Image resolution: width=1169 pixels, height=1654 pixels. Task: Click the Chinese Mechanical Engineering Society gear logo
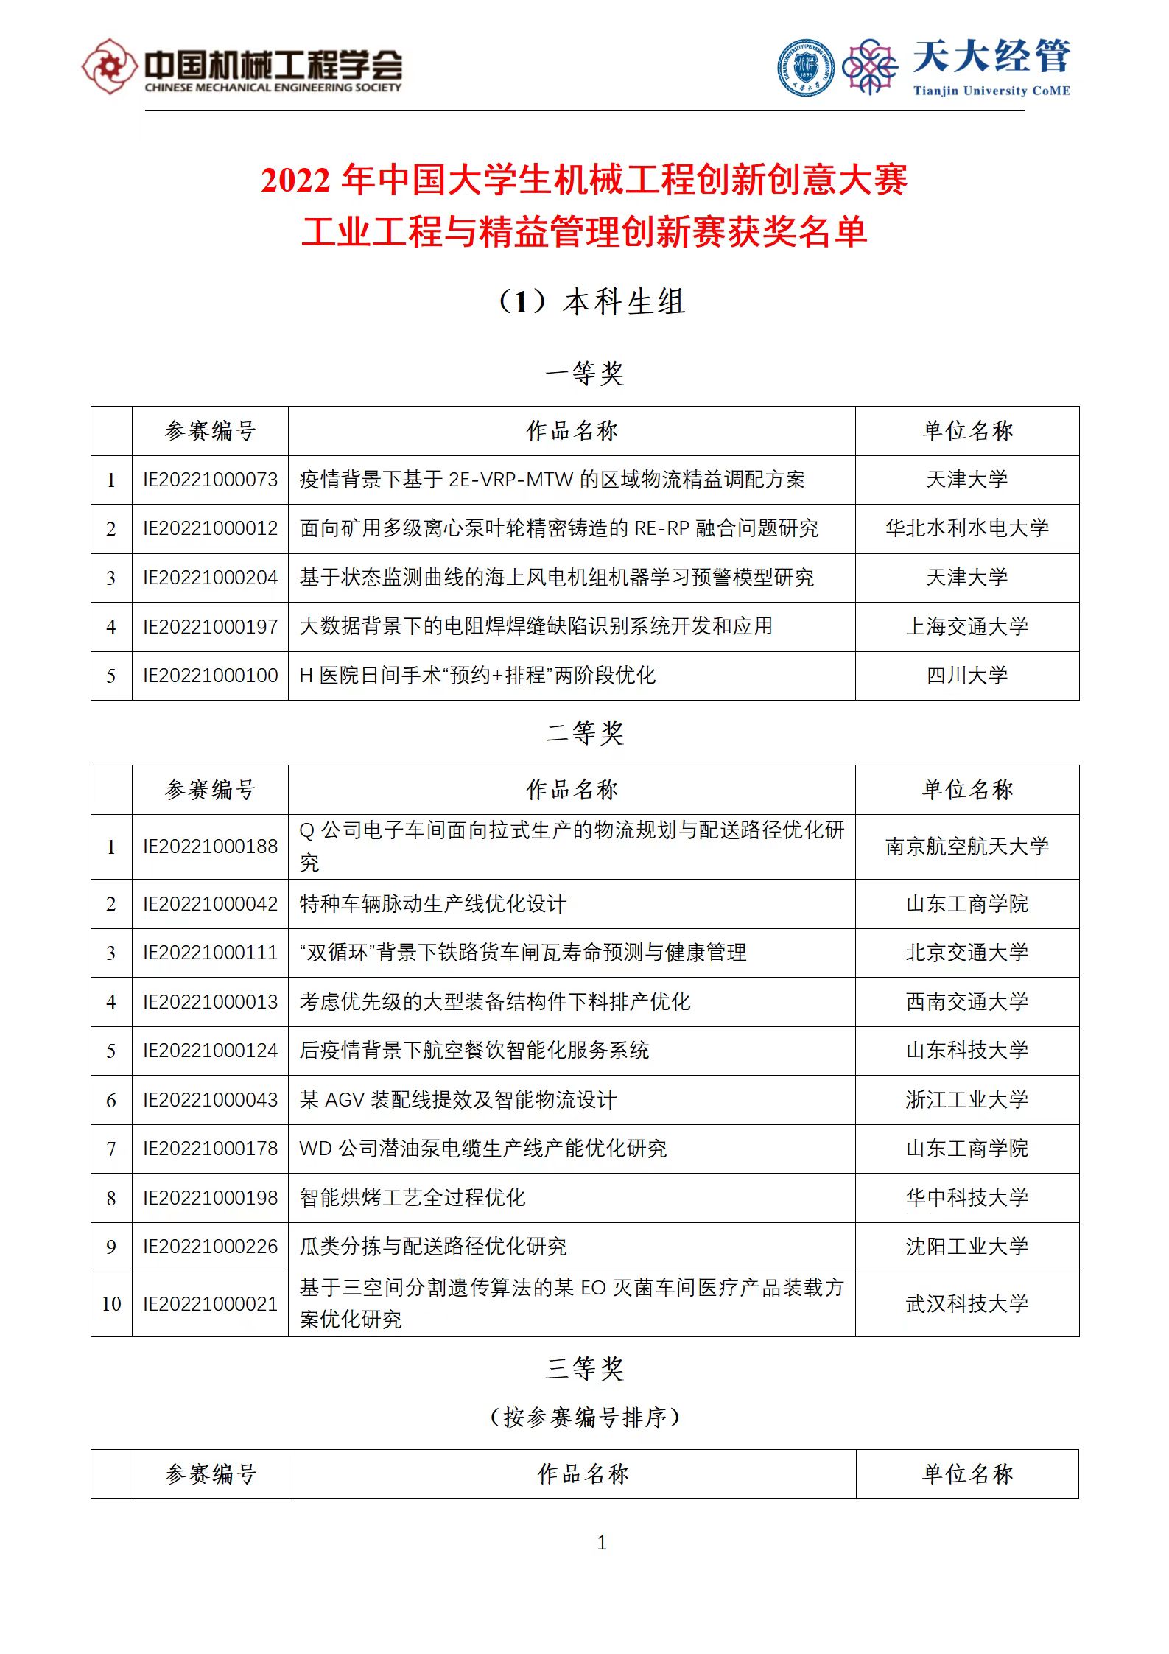click(x=109, y=66)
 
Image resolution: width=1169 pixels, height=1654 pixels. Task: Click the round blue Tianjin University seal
click(x=806, y=68)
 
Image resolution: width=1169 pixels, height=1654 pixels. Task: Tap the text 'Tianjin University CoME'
click(x=991, y=91)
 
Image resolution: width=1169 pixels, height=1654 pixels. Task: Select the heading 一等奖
click(x=584, y=374)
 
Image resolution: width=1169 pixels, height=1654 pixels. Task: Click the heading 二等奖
click(x=584, y=732)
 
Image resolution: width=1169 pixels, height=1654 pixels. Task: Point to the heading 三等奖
click(x=584, y=1368)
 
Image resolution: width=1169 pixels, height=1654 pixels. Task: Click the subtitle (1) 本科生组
click(x=591, y=301)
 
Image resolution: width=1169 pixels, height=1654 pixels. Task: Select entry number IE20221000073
click(x=210, y=480)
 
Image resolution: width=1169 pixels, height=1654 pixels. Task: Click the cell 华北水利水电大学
click(x=966, y=528)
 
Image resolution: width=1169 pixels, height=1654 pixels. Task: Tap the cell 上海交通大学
click(x=966, y=626)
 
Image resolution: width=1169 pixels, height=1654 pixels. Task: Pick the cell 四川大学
click(x=966, y=675)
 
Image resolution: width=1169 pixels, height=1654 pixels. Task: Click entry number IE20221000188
click(x=210, y=847)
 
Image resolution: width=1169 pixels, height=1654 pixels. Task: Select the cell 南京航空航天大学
click(x=966, y=847)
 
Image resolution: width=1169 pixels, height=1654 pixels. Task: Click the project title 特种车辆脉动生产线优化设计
click(x=433, y=904)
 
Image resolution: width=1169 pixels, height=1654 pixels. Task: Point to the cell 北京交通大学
click(x=966, y=953)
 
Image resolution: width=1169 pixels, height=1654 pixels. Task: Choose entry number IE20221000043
click(x=210, y=1100)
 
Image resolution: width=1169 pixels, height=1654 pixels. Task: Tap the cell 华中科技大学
click(x=966, y=1198)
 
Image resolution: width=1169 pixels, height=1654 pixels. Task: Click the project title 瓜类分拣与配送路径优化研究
click(x=433, y=1247)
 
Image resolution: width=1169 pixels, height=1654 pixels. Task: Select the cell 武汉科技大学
click(x=966, y=1304)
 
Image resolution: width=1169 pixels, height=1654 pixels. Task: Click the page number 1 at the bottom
click(x=602, y=1543)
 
